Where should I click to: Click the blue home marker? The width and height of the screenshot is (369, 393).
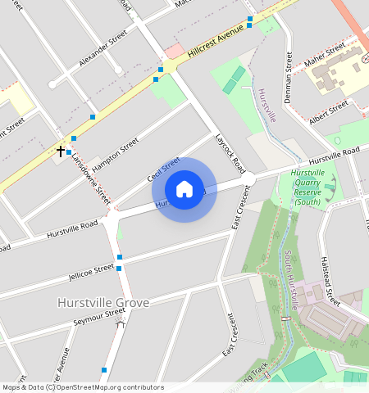point(184,189)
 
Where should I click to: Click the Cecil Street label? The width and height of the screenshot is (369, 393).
point(163,170)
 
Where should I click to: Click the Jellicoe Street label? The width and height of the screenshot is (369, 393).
point(92,269)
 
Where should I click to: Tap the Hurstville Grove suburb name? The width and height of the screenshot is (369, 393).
point(103,303)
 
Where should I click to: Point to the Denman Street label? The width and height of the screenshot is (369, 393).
point(289,78)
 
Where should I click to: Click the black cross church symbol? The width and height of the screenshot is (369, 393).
point(61,151)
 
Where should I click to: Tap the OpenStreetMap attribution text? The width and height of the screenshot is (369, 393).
point(83,387)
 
